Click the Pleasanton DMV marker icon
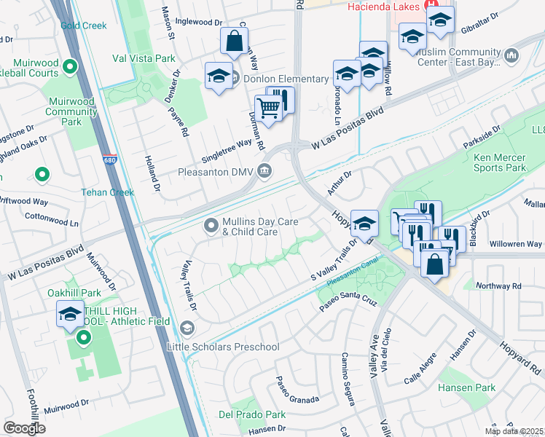264,172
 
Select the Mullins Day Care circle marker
212,226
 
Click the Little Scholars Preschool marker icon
187,329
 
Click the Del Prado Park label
252,414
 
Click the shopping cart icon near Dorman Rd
269,108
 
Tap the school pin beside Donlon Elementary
219,76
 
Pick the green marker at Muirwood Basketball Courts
71,68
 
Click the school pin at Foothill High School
70,314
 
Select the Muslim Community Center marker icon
511,55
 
